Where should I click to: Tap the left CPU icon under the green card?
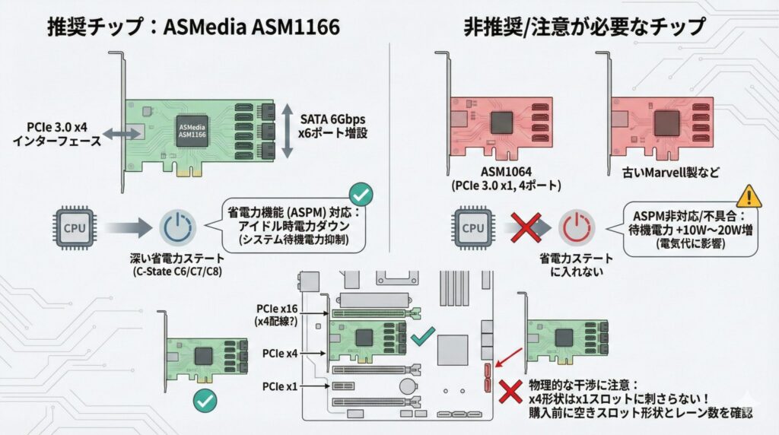[74, 227]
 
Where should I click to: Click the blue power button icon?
[177, 227]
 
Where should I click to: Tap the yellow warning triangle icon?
[749, 196]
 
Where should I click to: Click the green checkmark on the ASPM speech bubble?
[360, 195]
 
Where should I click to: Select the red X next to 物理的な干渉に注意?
[507, 392]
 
